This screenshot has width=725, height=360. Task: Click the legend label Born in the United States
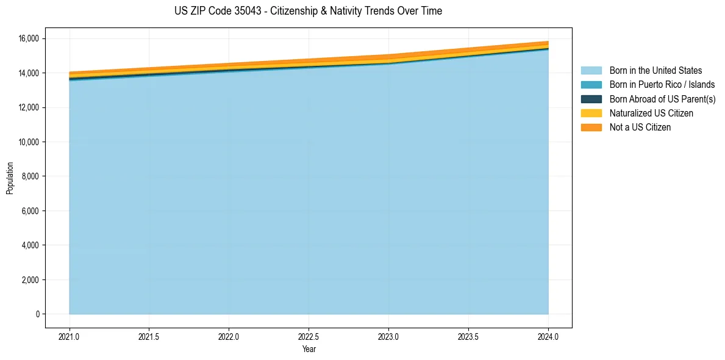[655, 71]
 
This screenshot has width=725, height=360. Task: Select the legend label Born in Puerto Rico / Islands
[662, 85]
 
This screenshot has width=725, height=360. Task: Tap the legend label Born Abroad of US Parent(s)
[662, 99]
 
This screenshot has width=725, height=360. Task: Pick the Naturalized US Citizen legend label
[651, 113]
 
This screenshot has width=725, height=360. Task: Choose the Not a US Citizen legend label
[640, 128]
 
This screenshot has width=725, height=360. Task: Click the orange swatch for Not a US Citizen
[591, 128]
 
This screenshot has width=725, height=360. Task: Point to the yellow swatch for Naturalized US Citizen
[591, 113]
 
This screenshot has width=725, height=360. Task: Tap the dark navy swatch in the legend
[591, 99]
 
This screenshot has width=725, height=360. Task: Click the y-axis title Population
[10, 178]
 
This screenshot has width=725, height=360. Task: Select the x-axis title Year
[309, 349]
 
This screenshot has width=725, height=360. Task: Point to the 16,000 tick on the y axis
[29, 38]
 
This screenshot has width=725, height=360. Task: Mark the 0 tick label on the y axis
[37, 314]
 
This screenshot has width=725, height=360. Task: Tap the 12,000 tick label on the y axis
[29, 107]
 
